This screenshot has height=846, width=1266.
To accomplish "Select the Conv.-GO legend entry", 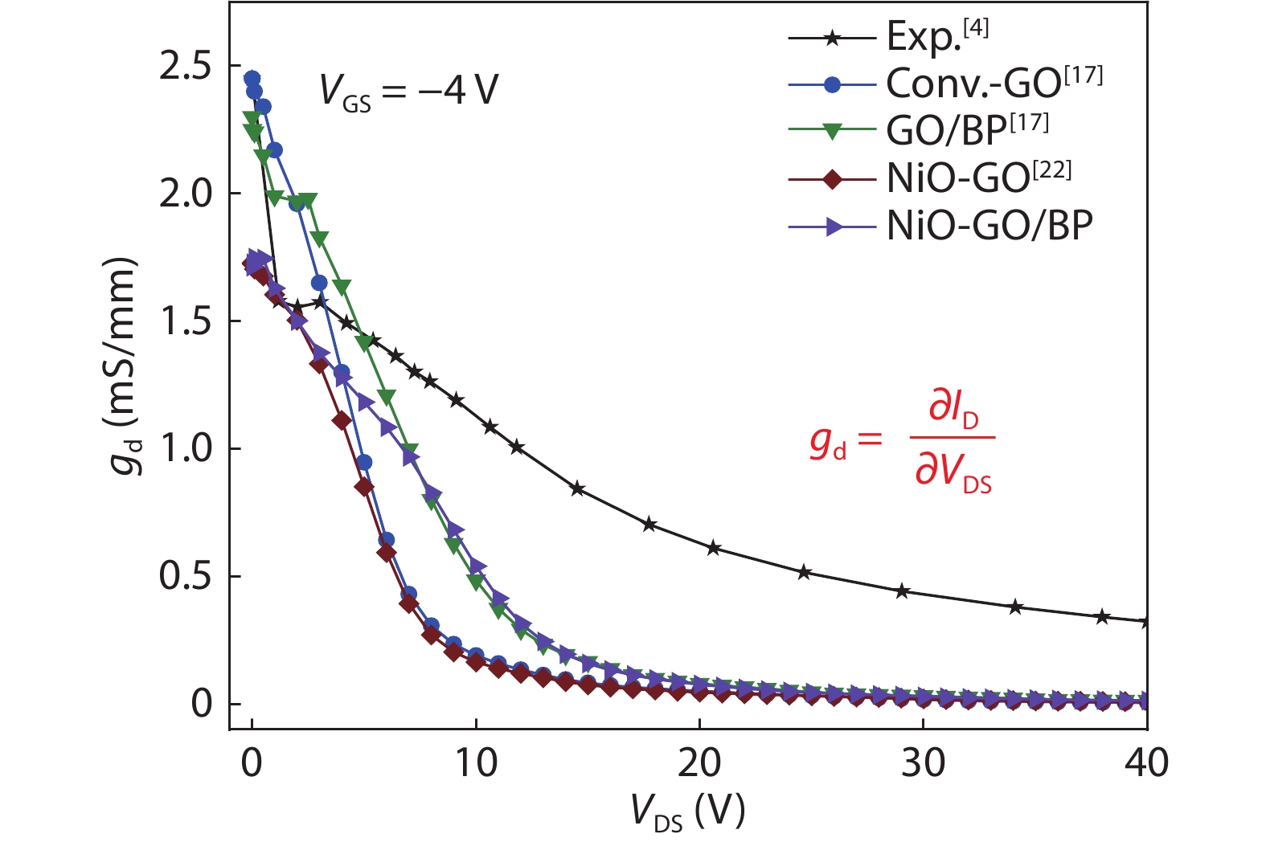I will point(994,82).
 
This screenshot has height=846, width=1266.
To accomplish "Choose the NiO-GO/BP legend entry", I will point(989,226).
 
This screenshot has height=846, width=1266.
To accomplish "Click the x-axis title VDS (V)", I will point(688,811).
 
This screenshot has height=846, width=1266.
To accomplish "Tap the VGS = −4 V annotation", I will point(409,90).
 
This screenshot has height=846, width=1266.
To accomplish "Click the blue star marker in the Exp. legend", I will point(833,37).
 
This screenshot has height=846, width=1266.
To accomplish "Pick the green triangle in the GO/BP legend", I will point(833,132).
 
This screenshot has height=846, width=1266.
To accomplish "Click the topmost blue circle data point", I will point(252,78).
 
